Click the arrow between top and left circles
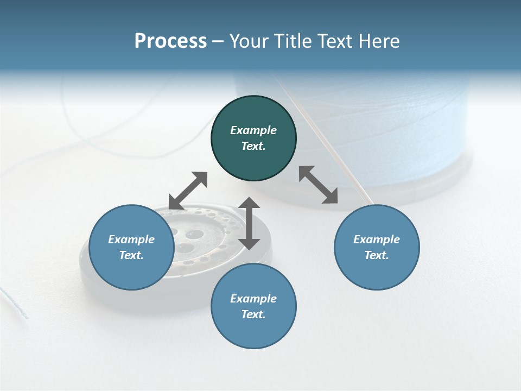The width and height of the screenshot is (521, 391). click(x=188, y=191)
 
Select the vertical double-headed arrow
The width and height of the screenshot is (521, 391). click(x=249, y=223)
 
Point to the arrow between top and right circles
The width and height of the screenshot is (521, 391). click(x=319, y=185)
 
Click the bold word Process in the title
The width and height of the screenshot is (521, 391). click(x=170, y=41)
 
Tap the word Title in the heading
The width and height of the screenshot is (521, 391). click(x=293, y=41)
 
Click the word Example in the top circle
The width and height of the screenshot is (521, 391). click(x=253, y=130)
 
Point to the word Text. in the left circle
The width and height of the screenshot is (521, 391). click(x=131, y=255)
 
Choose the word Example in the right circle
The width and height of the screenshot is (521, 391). click(x=377, y=239)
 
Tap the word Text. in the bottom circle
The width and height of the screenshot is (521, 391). click(x=253, y=314)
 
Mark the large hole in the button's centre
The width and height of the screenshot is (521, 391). click(x=194, y=235)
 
